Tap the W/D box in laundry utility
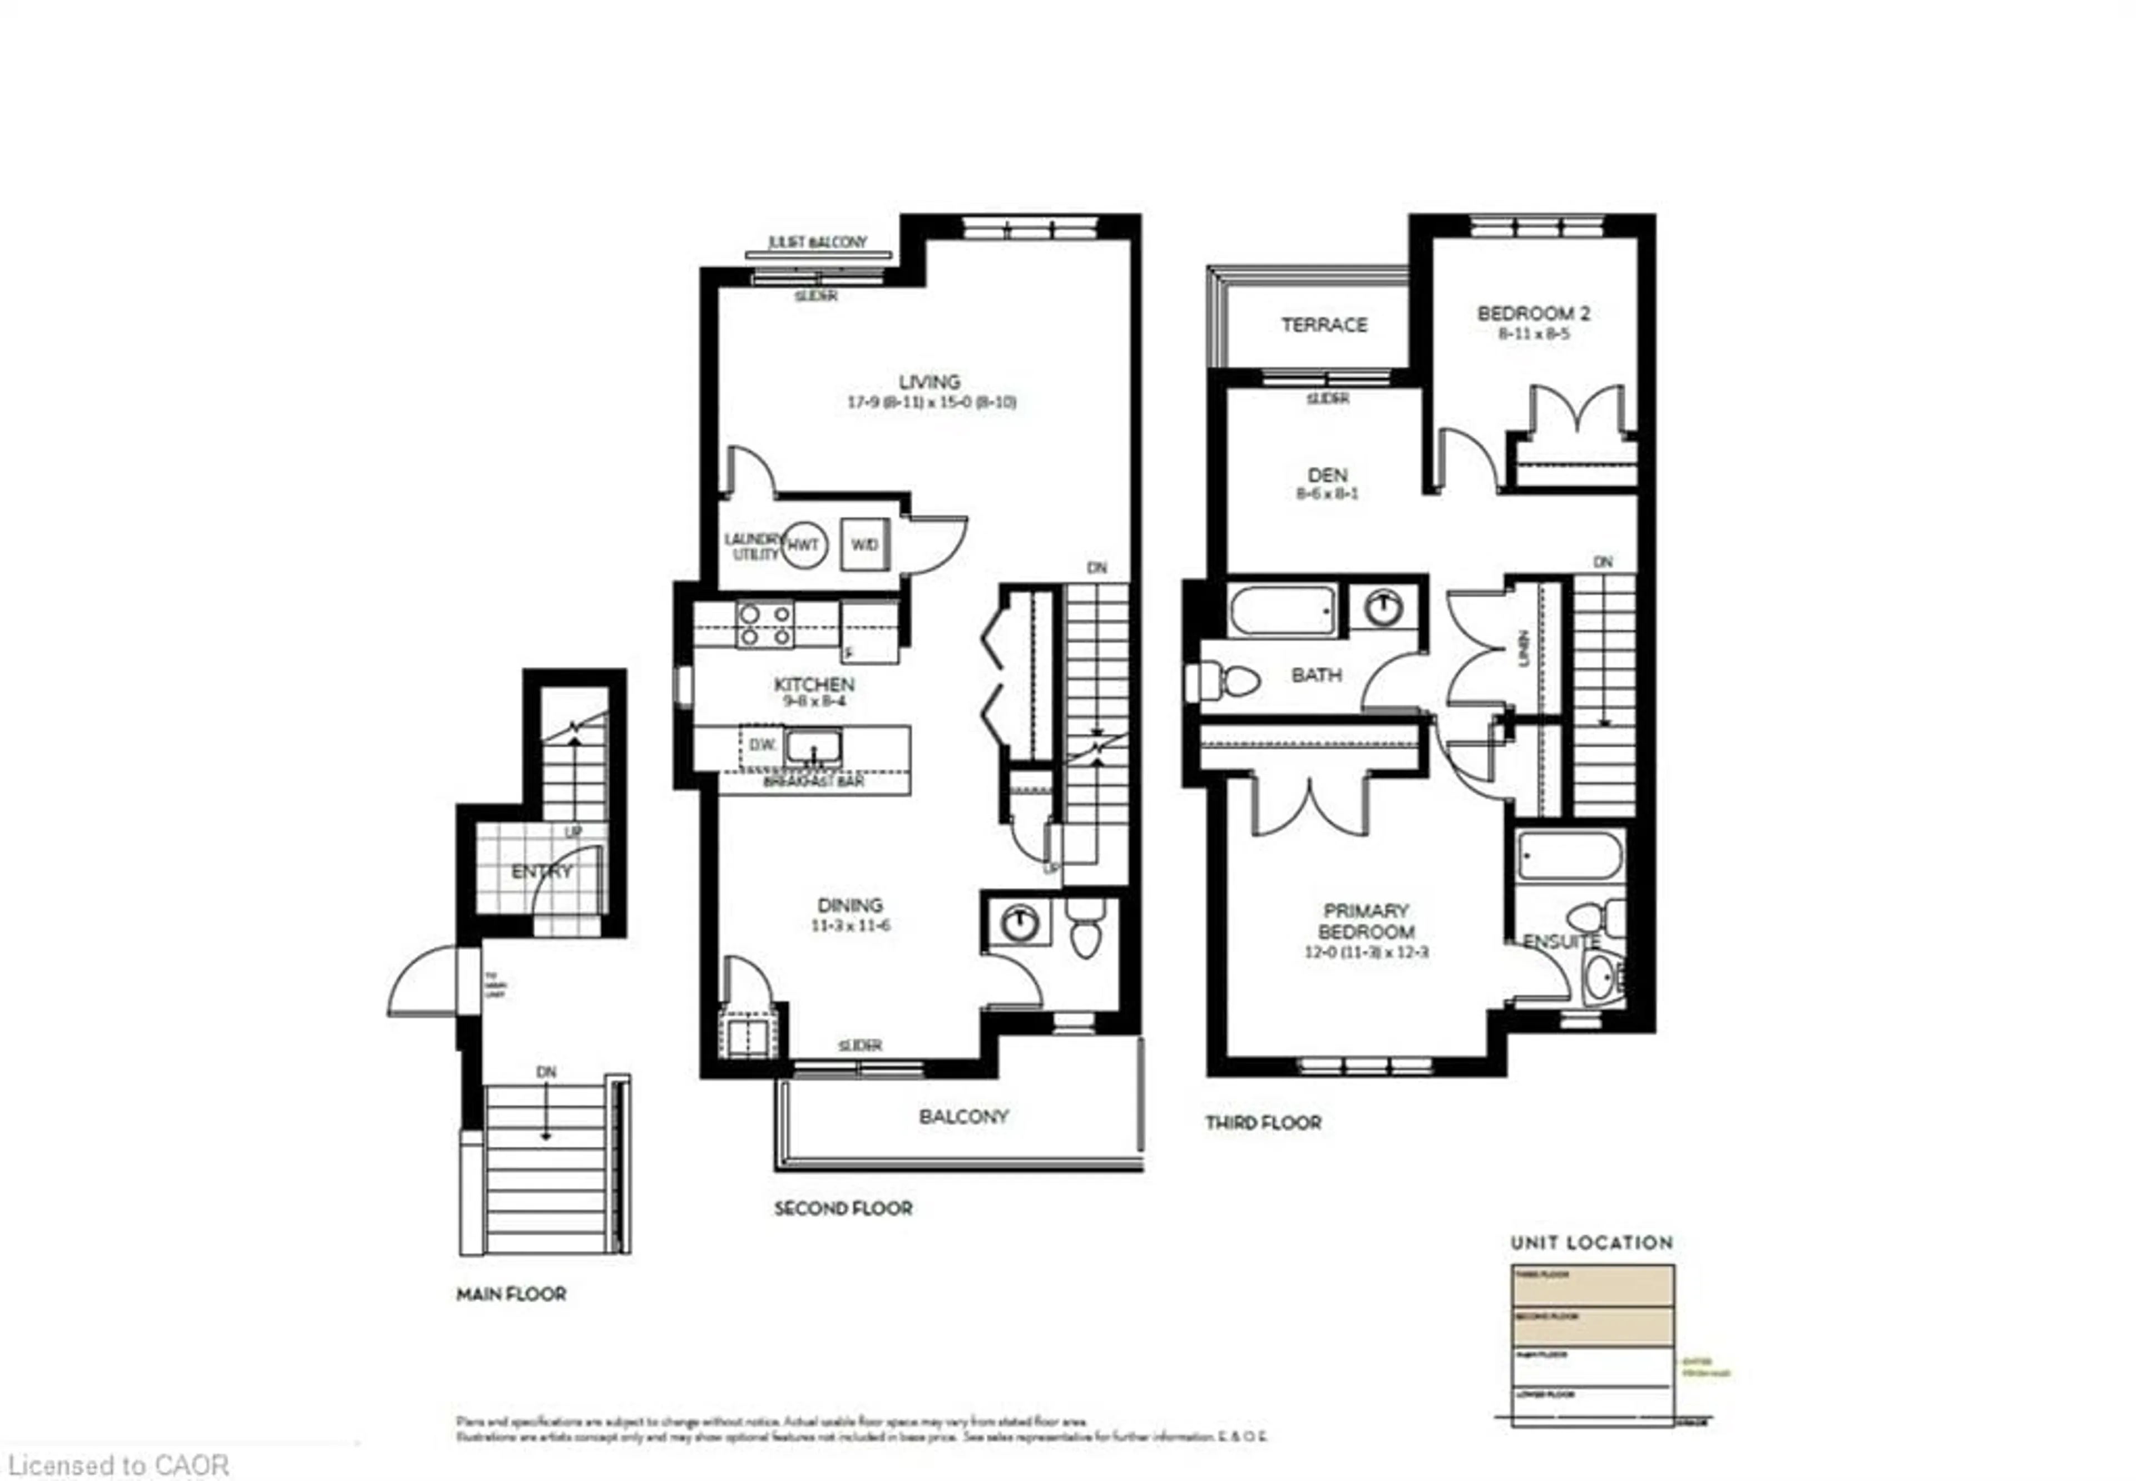click(864, 544)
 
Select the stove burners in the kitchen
click(765, 625)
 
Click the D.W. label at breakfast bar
click(762, 744)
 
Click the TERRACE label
click(1324, 325)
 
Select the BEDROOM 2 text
click(1533, 314)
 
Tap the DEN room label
click(1327, 474)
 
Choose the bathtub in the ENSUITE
click(1569, 855)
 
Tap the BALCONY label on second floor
click(963, 1116)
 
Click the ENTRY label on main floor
click(542, 871)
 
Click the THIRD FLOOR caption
click(1263, 1123)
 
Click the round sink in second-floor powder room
click(1019, 923)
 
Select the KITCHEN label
click(814, 684)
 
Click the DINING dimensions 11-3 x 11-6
click(850, 925)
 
